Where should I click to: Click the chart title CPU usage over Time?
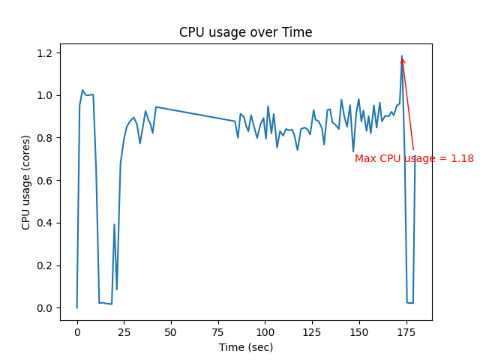click(x=245, y=32)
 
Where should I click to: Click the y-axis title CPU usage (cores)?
click(x=26, y=182)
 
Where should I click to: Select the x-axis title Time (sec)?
click(x=245, y=347)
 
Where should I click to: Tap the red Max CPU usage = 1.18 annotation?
click(x=414, y=158)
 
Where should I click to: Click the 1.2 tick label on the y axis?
click(x=44, y=53)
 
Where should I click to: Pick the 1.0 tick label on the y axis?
click(x=44, y=96)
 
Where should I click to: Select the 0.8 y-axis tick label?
click(x=44, y=138)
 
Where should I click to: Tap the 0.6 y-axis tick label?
click(x=44, y=181)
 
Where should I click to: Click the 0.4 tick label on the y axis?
click(x=44, y=223)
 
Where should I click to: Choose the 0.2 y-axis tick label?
click(x=44, y=265)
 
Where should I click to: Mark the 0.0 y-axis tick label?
click(x=44, y=308)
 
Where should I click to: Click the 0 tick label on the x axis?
click(x=76, y=332)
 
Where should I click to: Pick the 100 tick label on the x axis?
click(x=265, y=332)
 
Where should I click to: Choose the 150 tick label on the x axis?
click(x=358, y=332)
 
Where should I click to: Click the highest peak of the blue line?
click(x=402, y=55)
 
